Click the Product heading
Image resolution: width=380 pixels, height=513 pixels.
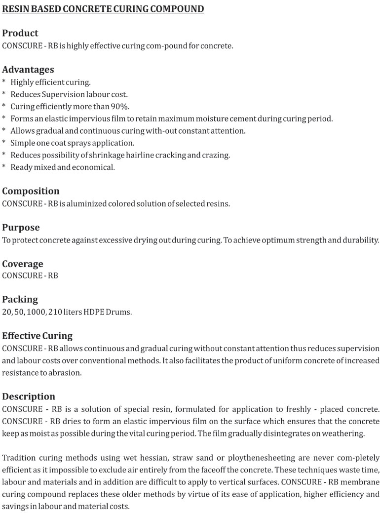[x=20, y=34]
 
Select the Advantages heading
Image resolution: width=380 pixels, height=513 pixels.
[x=28, y=70]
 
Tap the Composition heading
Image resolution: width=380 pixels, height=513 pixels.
[x=31, y=191]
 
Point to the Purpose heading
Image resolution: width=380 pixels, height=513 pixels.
[x=21, y=228]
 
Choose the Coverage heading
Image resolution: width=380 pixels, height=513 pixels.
[x=23, y=264]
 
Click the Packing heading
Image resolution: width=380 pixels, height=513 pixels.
[x=20, y=299]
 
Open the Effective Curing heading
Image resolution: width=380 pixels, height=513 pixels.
[x=38, y=336]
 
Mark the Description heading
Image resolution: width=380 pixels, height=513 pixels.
[x=29, y=396]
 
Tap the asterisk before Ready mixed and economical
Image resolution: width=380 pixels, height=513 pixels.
[x=4, y=167]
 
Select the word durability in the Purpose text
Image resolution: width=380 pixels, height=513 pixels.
[x=361, y=240]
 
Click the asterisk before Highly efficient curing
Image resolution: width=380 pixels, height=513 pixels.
[x=4, y=81]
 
